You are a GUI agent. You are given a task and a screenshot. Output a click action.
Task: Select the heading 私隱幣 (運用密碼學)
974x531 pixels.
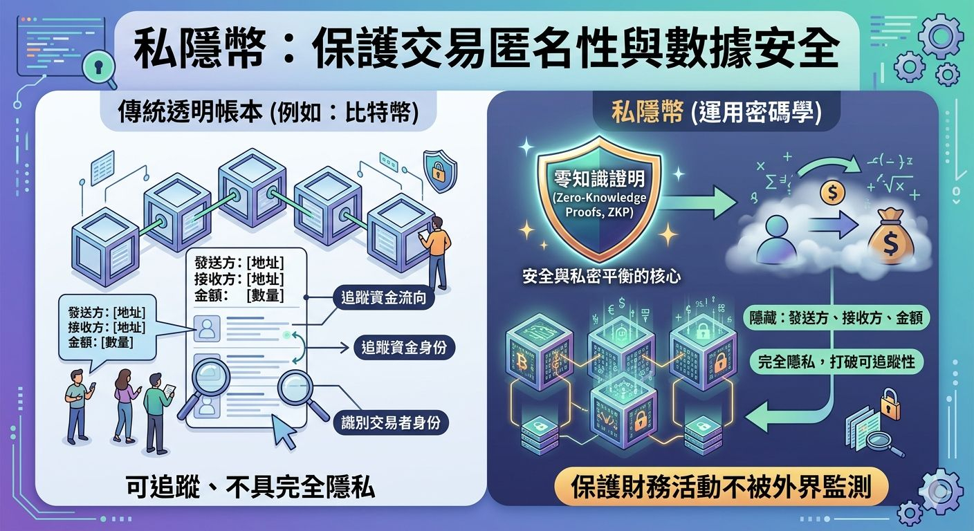pos(717,113)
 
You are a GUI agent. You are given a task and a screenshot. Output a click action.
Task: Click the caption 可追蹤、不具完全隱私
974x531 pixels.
pos(250,488)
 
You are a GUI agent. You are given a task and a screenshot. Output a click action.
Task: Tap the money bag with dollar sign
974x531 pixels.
pos(892,237)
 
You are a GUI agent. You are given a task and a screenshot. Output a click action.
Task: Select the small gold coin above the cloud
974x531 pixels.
pos(832,193)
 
